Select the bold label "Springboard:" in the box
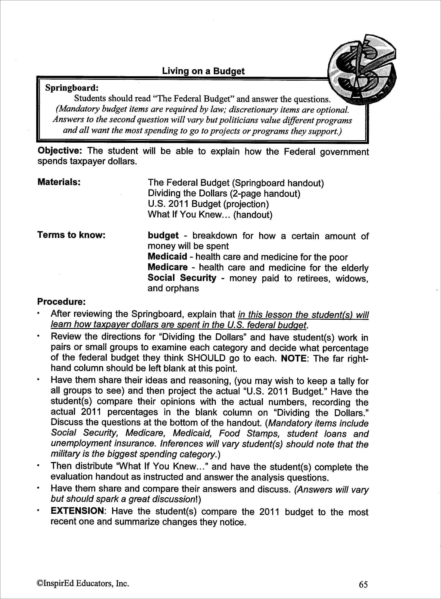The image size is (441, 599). [72, 88]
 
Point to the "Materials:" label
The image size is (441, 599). [59, 182]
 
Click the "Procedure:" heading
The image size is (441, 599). [61, 302]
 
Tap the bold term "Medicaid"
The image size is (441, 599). [167, 257]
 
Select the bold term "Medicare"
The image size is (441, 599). [168, 267]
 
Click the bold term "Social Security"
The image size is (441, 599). [182, 278]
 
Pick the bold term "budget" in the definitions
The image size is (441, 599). [163, 235]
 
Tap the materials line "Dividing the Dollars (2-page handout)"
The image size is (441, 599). [224, 193]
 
